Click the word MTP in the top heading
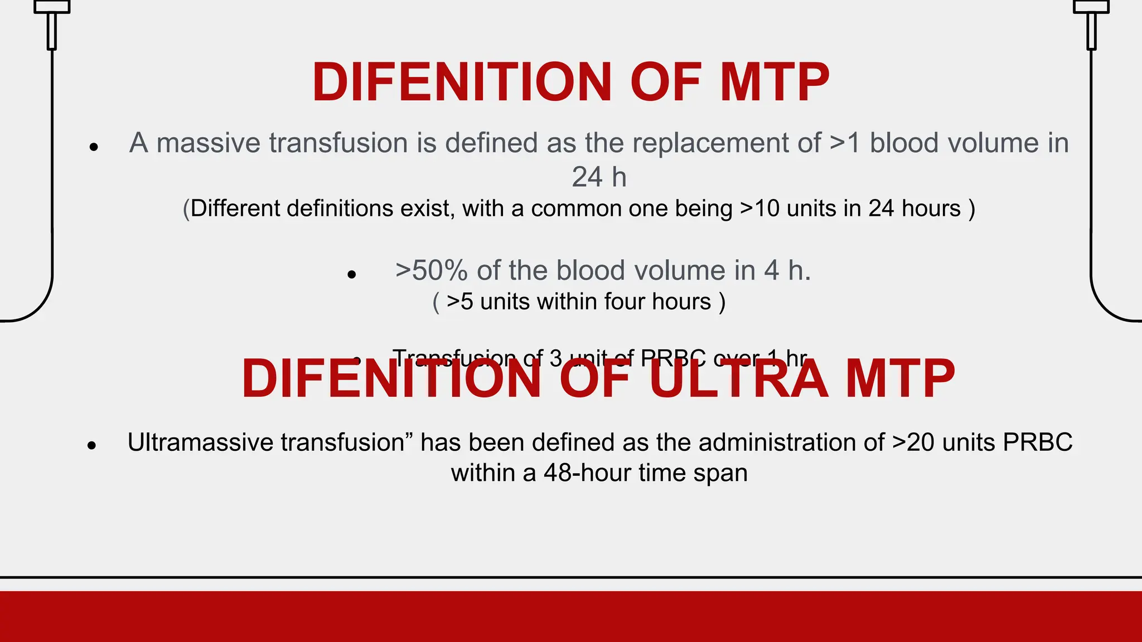774,82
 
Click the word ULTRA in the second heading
738,379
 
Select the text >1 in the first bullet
845,143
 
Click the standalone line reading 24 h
599,177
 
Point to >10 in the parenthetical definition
759,208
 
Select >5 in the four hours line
459,301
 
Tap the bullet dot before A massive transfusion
94,147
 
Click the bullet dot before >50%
351,274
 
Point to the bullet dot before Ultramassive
92,445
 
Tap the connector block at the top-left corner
52,7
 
